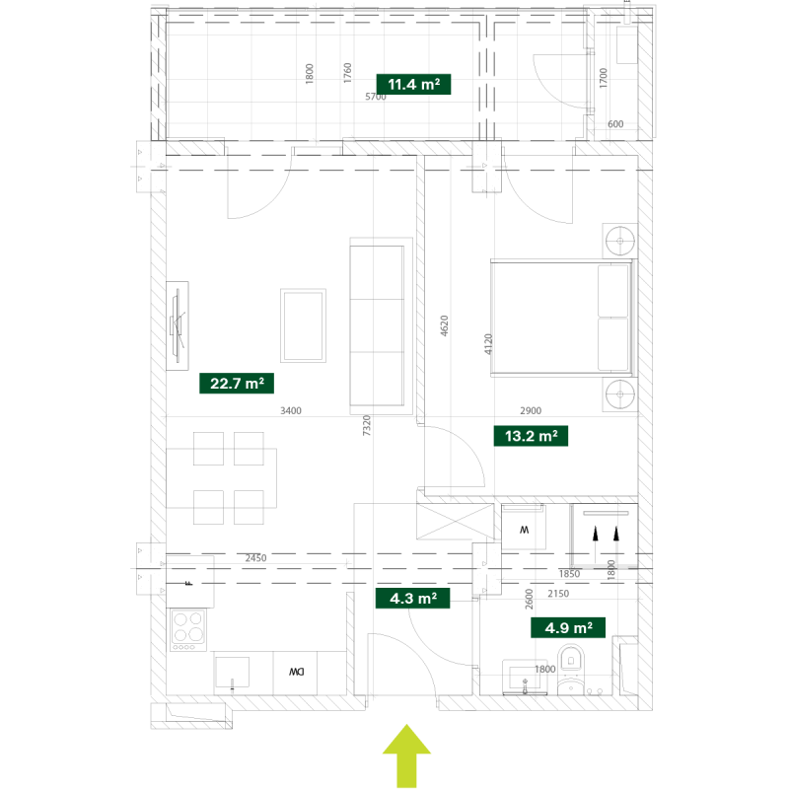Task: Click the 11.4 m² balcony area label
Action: [x=413, y=84]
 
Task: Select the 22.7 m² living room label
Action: [x=237, y=384]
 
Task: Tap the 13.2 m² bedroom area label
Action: [x=531, y=436]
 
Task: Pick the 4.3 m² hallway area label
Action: [x=412, y=599]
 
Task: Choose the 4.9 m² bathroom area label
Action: [x=568, y=628]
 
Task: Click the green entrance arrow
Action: [x=406, y=755]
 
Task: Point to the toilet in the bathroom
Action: [x=571, y=671]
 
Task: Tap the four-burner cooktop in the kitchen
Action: [x=188, y=630]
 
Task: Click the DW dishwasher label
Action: [x=297, y=672]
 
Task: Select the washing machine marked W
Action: [x=524, y=528]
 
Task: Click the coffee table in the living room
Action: [x=303, y=325]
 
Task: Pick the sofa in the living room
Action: [x=381, y=326]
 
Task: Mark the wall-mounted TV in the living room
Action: [x=178, y=325]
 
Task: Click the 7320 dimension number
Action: [x=366, y=425]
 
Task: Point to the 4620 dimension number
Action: [x=444, y=325]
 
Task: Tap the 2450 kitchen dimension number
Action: [x=255, y=558]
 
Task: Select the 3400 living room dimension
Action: [x=291, y=410]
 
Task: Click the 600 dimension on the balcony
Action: [x=615, y=124]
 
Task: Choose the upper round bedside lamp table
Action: [x=620, y=241]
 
